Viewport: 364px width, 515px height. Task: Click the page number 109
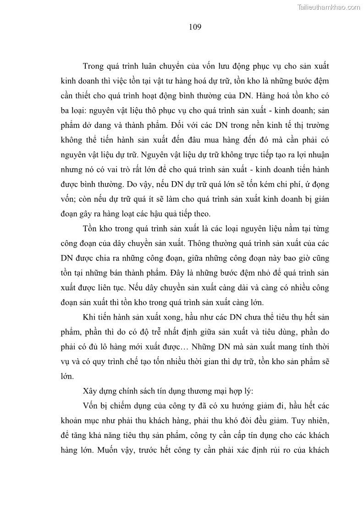coord(195,27)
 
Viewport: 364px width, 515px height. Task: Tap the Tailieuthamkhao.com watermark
coord(329,7)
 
